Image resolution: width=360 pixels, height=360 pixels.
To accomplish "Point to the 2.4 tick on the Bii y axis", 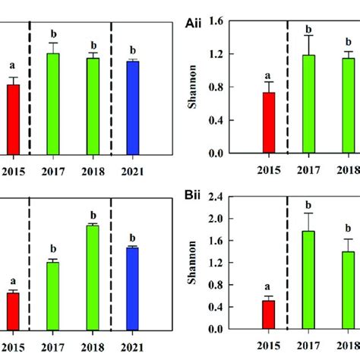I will coord(227,197).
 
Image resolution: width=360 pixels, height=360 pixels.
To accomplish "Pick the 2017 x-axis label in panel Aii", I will coord(308,168).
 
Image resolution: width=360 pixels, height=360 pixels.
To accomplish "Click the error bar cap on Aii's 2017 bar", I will coord(308,36).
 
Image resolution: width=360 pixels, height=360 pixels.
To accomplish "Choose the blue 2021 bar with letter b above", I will coord(132,106).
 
